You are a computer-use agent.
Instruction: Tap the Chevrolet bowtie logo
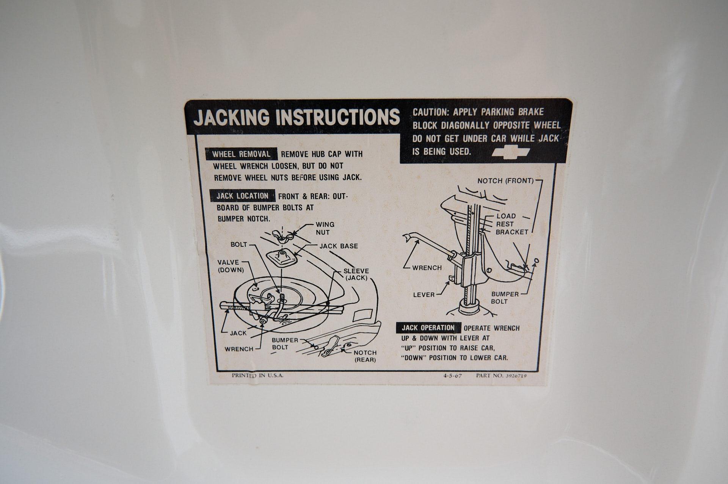[x=510, y=152]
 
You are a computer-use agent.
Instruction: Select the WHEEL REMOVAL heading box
[x=241, y=154]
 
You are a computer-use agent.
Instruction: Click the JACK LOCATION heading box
[x=242, y=196]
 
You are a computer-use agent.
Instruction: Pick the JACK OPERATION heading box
[x=428, y=328]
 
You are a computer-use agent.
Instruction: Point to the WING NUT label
[x=325, y=228]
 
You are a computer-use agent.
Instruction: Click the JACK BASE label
[x=339, y=246]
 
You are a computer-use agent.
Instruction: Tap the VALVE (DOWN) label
[x=231, y=266]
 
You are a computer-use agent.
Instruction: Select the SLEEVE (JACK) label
[x=356, y=274]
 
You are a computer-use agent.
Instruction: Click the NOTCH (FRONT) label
[x=505, y=181]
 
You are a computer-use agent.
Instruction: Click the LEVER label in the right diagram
[x=424, y=294]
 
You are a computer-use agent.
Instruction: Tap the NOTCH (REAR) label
[x=365, y=356]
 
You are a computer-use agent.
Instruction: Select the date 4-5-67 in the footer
[x=452, y=376]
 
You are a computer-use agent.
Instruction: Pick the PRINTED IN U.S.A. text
[x=257, y=376]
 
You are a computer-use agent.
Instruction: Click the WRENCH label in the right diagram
[x=427, y=268]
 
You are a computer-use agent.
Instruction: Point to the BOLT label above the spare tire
[x=239, y=244]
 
